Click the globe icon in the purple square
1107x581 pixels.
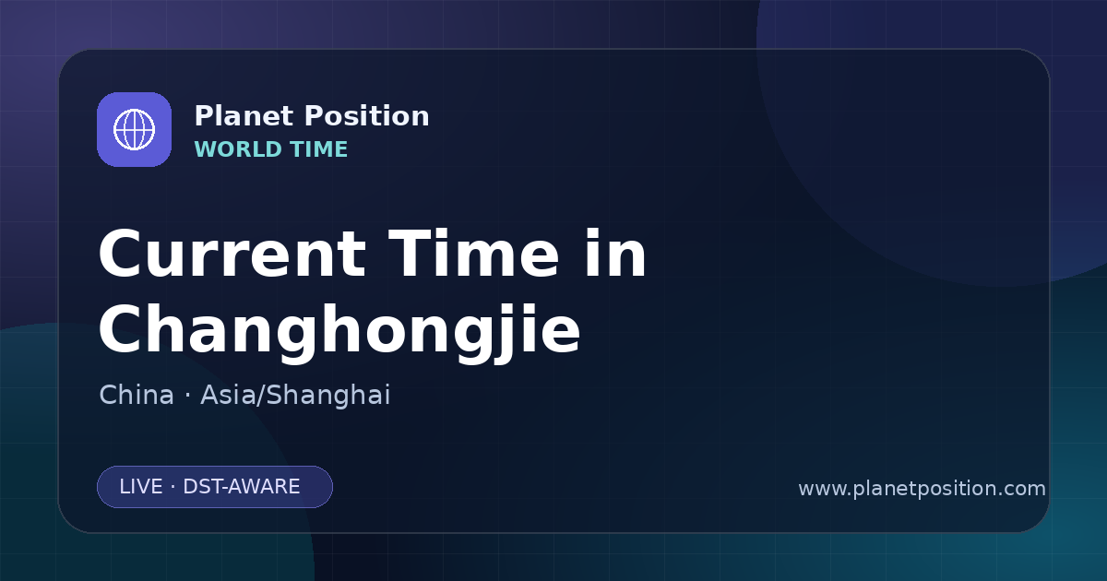click(134, 129)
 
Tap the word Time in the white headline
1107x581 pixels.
click(473, 254)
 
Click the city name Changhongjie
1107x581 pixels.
click(339, 330)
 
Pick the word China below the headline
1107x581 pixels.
click(137, 395)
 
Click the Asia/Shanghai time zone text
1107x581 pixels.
click(295, 396)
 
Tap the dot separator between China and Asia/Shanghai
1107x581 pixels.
click(187, 396)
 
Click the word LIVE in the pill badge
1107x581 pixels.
click(141, 487)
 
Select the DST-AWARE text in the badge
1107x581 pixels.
click(242, 487)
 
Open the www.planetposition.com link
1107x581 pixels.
click(922, 489)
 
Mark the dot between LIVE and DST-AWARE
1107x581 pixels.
click(173, 487)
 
